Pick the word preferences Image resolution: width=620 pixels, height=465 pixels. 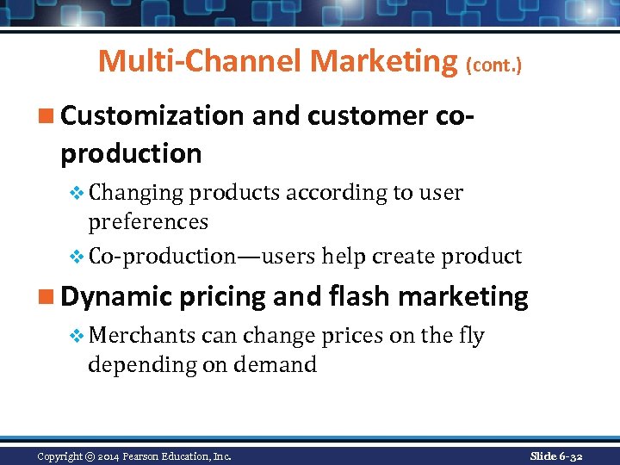(x=148, y=222)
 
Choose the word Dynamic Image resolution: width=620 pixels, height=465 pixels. (x=116, y=297)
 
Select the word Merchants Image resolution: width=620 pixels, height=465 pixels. (x=141, y=335)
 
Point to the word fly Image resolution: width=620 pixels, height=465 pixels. (x=471, y=336)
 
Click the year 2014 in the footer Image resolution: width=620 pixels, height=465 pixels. (x=109, y=456)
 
